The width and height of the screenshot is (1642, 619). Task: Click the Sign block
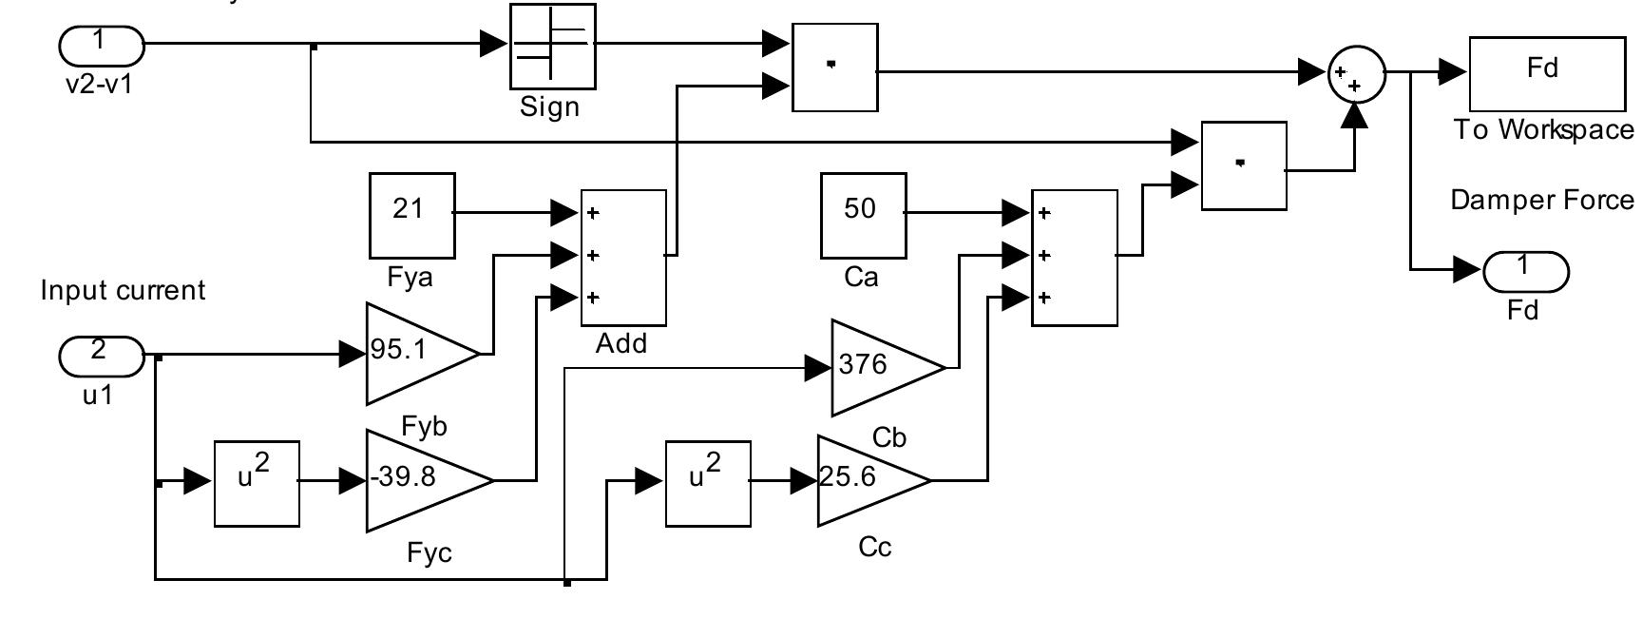552,46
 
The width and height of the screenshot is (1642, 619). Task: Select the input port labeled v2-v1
102,44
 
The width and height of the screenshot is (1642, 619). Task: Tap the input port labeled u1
102,356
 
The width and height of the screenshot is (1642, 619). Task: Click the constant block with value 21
411,215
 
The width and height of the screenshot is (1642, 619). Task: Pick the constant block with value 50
863,215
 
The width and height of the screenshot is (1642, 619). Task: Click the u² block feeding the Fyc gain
257,483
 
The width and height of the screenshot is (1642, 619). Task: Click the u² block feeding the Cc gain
707,483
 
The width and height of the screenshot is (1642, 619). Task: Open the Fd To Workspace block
1546,74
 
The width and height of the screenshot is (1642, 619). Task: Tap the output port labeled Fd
1524,272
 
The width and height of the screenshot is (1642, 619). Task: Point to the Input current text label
123,290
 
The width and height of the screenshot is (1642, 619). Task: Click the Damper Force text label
1540,201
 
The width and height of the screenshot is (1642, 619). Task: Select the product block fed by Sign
833,68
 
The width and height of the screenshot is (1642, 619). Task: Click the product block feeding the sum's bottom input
1243,165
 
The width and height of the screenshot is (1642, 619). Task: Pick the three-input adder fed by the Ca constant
1074,257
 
